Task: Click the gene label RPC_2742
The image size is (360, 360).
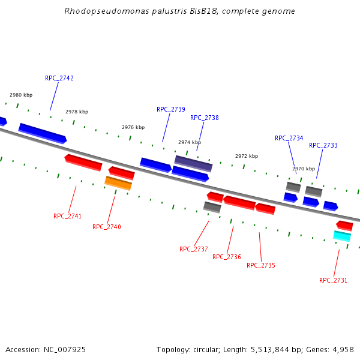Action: coord(59,79)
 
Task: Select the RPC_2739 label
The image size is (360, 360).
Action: coord(171,110)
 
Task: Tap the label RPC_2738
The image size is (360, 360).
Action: coord(205,118)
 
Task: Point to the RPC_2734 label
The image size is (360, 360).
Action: coord(289,139)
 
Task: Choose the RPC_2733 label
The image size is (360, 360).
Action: coord(323,146)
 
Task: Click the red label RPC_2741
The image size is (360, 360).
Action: coord(68,217)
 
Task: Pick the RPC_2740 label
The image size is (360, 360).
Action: coord(107,227)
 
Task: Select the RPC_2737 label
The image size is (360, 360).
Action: coord(194,250)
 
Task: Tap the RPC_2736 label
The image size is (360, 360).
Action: coord(227,257)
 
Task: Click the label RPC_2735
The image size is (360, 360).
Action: coord(261,265)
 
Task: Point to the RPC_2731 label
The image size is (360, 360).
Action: coord(333,281)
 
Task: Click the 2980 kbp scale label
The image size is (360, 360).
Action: coord(21,95)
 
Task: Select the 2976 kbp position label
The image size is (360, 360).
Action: coord(133,128)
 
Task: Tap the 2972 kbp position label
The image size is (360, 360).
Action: coord(247,157)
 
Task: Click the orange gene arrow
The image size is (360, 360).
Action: coord(118,183)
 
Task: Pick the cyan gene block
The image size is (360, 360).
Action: coord(342,236)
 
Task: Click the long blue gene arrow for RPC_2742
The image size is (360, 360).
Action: coord(43,133)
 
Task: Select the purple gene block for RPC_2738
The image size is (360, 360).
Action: coord(193,163)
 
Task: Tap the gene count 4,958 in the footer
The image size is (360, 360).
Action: coord(341,349)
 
